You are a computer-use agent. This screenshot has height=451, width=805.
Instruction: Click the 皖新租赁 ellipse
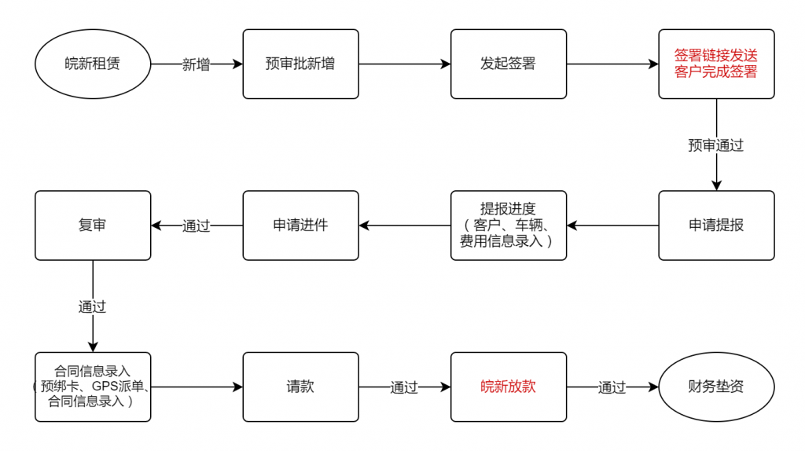(x=93, y=64)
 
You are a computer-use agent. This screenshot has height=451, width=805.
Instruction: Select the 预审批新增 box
(x=301, y=64)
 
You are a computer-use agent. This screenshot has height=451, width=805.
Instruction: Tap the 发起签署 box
(x=509, y=64)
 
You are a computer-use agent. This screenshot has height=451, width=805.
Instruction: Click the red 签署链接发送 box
(x=717, y=64)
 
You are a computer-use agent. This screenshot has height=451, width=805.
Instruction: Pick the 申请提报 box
(x=717, y=225)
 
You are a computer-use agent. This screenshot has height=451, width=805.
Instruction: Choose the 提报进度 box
(x=509, y=225)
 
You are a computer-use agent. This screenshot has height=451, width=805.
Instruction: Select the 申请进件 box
(x=301, y=225)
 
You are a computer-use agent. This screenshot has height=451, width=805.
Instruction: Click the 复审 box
(x=93, y=225)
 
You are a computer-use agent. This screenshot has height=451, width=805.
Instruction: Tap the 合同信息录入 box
(x=93, y=387)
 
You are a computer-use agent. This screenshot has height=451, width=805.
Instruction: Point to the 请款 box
(x=301, y=387)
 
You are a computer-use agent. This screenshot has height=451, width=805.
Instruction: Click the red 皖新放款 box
(x=509, y=387)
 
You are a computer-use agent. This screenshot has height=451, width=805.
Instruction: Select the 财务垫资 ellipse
(x=717, y=387)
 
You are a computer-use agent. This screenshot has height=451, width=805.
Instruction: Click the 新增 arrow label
(x=196, y=64)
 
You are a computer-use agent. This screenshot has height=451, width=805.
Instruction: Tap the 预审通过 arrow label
(x=716, y=145)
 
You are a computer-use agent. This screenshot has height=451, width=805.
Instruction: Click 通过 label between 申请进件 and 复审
(x=196, y=225)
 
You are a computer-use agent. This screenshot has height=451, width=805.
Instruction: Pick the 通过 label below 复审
(x=93, y=307)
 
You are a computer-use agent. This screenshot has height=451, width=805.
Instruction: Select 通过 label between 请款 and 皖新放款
(x=404, y=387)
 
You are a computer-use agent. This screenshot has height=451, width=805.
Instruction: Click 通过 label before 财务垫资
(x=612, y=387)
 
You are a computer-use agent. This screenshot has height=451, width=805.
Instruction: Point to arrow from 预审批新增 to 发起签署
(x=405, y=64)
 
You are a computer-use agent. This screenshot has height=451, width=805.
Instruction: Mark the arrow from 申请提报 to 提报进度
(x=612, y=225)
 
